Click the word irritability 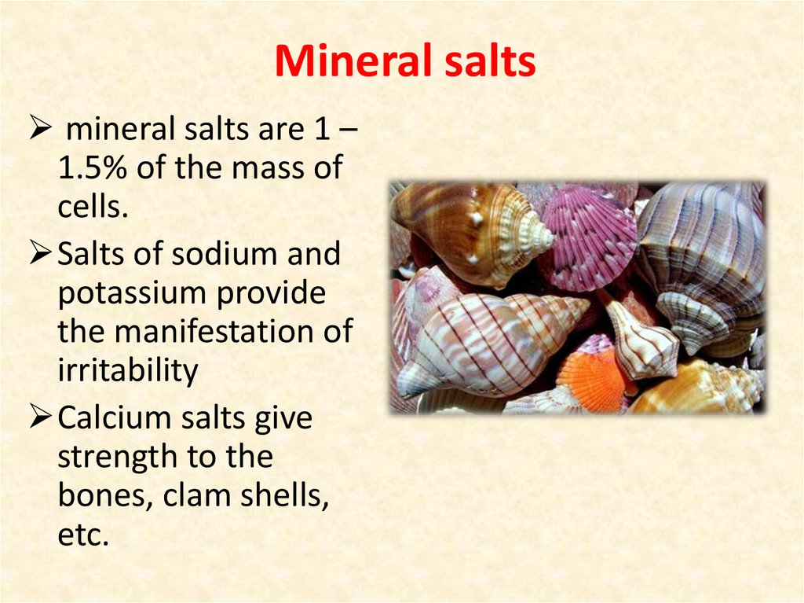[128, 370]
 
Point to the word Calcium [117, 418]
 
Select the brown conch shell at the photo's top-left [463, 228]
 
